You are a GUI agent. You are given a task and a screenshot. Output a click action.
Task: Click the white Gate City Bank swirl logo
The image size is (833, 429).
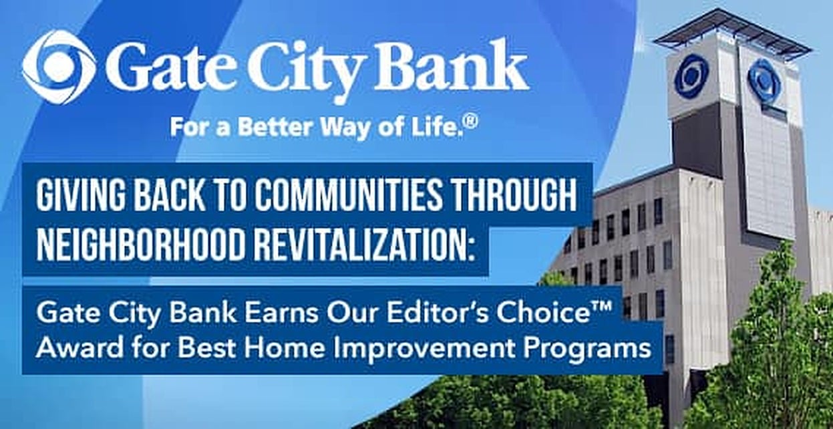click(x=59, y=66)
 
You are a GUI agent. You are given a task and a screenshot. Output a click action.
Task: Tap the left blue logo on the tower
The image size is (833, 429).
click(x=691, y=76)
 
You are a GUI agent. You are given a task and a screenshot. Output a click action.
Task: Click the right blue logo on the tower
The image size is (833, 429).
click(x=764, y=80)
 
